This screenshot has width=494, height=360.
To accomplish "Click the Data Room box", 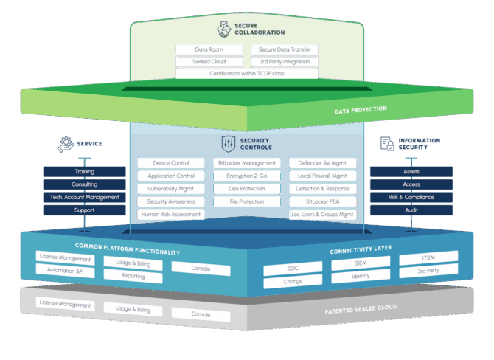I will [209, 49].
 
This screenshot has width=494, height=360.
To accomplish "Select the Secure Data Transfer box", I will [285, 49].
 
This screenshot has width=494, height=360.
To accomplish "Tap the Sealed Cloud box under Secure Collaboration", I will [209, 61].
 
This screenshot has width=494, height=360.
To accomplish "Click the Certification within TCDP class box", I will [247, 73].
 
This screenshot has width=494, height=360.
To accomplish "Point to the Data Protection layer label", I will [360, 109].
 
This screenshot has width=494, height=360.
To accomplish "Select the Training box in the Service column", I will [83, 172].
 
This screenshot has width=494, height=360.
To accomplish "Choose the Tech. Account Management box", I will [83, 197].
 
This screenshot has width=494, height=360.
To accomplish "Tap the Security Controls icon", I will [227, 142].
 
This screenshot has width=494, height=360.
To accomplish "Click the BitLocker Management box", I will [246, 163].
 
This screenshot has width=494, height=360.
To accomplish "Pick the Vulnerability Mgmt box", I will [171, 188].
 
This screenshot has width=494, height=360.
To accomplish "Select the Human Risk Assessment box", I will [171, 214].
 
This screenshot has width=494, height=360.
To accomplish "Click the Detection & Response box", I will [322, 188].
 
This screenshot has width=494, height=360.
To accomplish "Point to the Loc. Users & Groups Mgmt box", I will [322, 214].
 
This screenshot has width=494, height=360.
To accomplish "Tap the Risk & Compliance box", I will [411, 197].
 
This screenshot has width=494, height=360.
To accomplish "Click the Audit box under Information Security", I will [411, 210].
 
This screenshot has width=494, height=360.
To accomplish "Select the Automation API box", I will [65, 270].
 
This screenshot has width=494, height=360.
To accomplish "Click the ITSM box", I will [428, 257].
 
